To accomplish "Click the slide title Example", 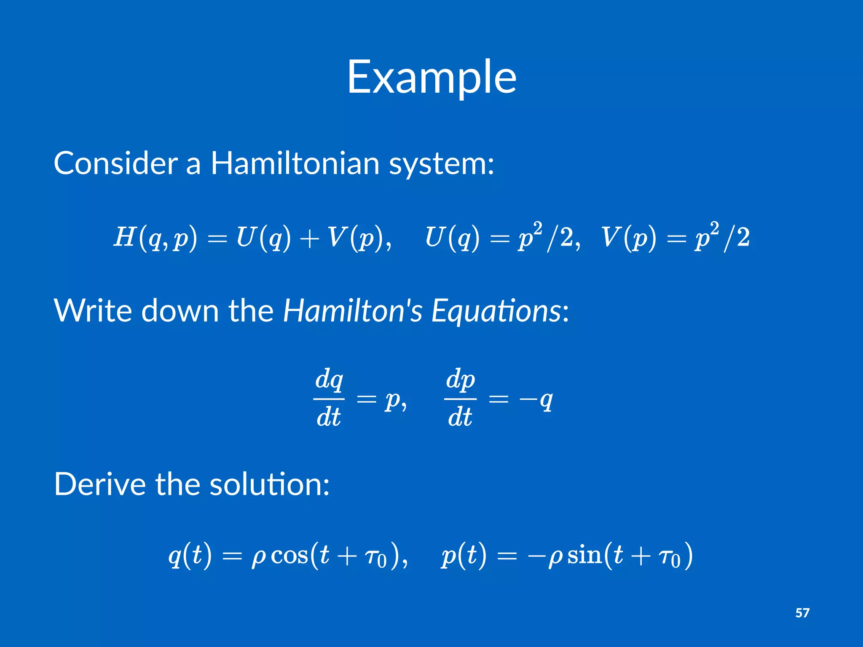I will pos(431,78).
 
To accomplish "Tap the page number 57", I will pos(802,612).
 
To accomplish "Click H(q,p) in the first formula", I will pos(155,238).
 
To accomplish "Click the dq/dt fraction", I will pos(329,398).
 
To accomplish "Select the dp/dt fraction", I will pos(460,398).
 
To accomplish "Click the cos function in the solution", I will pos(289,556).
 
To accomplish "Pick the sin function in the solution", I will pos(584,556).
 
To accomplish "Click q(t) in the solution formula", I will pos(190,556).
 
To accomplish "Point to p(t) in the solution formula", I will pos(463,556).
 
